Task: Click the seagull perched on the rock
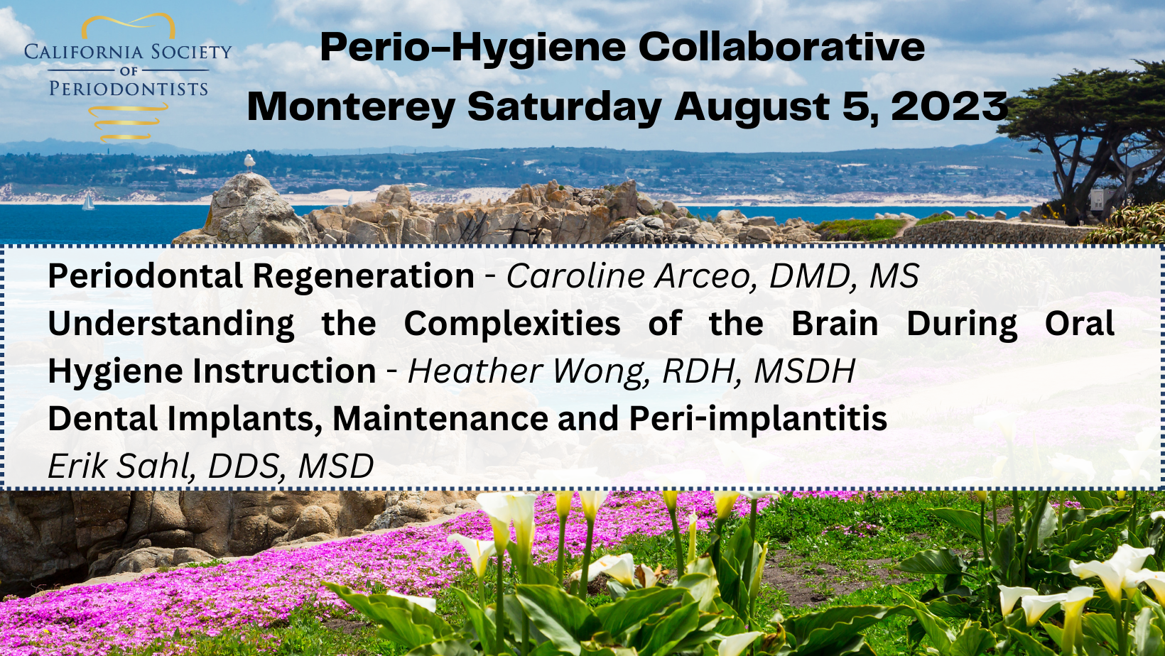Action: click(249, 162)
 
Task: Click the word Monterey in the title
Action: click(351, 107)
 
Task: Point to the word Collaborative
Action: click(781, 47)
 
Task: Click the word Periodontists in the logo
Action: click(129, 89)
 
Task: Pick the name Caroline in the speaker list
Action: click(575, 275)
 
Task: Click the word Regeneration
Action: click(364, 276)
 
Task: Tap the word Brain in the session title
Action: click(835, 324)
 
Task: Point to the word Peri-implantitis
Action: click(758, 419)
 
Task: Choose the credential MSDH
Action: click(805, 371)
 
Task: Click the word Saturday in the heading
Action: click(564, 107)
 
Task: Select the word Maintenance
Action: click(440, 419)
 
